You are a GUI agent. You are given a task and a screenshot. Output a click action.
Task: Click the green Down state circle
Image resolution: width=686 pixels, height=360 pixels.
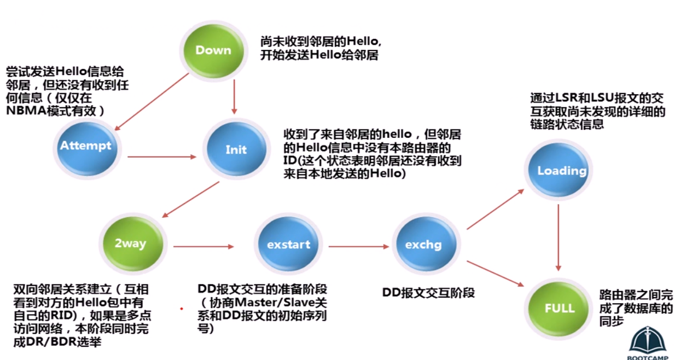[x=213, y=51]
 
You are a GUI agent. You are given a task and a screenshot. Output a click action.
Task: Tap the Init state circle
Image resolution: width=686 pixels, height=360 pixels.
[x=236, y=149]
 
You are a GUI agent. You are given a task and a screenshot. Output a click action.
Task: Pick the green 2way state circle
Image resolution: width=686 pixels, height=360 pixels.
[x=132, y=244]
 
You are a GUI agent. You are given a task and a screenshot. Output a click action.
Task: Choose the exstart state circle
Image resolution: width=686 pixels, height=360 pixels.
[x=288, y=244]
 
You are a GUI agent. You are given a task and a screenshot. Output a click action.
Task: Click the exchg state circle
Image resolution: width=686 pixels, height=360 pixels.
[x=426, y=244]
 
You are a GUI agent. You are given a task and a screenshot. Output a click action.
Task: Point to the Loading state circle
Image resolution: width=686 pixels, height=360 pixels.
[x=559, y=170]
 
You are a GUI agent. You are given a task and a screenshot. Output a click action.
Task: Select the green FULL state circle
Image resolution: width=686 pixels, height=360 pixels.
[x=559, y=309]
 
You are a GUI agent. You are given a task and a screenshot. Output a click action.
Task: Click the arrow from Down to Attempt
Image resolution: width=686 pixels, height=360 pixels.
[x=152, y=102]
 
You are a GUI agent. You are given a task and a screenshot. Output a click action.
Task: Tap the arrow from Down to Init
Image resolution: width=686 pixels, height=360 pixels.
[x=234, y=97]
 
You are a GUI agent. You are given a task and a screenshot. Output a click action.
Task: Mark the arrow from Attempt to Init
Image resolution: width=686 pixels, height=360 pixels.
[x=162, y=157]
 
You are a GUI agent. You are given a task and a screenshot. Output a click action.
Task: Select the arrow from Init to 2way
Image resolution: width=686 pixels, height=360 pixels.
[x=190, y=200]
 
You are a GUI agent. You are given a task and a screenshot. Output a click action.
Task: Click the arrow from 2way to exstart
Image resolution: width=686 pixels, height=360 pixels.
[x=204, y=246]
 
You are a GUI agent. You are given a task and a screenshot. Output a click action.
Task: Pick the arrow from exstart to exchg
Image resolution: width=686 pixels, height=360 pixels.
[x=359, y=246]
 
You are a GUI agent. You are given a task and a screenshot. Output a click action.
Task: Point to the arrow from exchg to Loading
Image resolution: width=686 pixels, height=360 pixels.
[x=496, y=209]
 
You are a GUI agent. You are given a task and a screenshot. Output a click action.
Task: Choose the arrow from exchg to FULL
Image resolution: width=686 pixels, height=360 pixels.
[x=496, y=274]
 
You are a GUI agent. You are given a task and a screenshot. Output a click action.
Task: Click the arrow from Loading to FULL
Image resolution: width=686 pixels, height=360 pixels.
[x=559, y=238]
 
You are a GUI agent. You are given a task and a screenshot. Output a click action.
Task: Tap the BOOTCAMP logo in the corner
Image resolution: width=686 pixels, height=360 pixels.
[x=648, y=343]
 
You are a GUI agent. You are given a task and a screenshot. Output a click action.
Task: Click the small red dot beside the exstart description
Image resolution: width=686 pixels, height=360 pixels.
[x=182, y=309]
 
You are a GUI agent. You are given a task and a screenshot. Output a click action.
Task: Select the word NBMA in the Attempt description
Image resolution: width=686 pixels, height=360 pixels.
[x=26, y=111]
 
